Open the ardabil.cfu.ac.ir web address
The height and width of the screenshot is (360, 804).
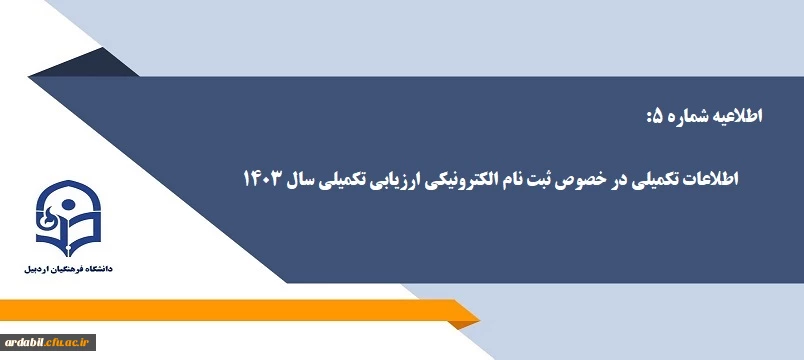point(48,341)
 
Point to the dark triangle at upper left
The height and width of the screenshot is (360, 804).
point(112,66)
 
